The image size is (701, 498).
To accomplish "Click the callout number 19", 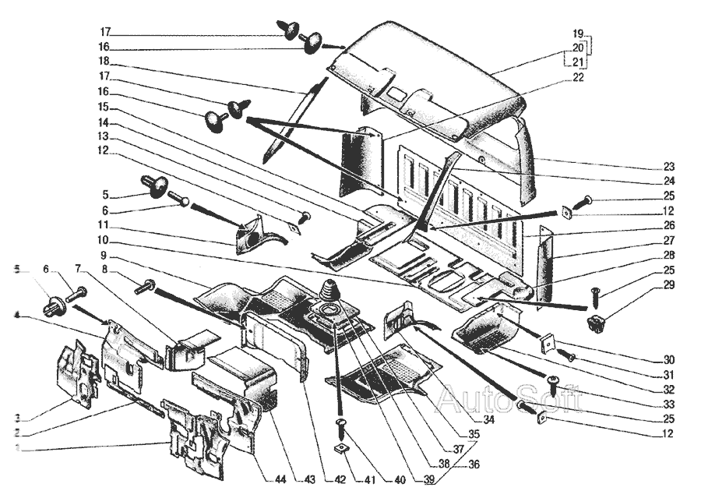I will coord(577,34).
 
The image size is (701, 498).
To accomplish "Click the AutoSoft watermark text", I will coord(509,400).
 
